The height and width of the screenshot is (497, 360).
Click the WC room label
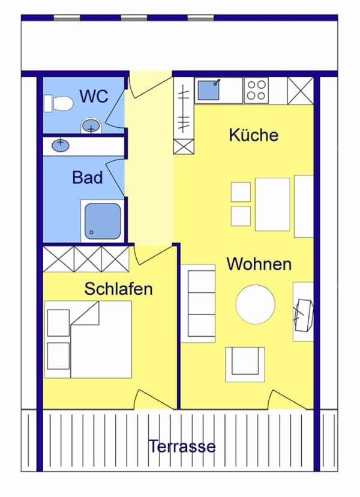click(x=94, y=97)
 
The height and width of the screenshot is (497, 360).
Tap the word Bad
click(x=88, y=178)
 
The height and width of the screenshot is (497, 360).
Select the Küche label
click(x=254, y=134)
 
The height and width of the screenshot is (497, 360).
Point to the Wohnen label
click(x=259, y=264)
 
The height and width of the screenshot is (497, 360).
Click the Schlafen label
click(x=119, y=289)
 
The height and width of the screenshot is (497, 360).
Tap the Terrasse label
click(x=182, y=447)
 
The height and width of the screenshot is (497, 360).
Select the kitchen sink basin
click(x=209, y=90)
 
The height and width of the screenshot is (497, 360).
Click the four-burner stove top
click(x=256, y=90)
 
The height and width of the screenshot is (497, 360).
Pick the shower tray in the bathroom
click(x=103, y=221)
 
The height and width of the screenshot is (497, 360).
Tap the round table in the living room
click(x=256, y=304)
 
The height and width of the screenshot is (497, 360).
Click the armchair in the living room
click(x=245, y=364)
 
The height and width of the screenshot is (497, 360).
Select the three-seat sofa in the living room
click(x=199, y=303)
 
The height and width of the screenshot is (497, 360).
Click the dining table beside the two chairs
click(x=272, y=204)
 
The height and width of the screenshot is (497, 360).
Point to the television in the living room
click(x=304, y=315)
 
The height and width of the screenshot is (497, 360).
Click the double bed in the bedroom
click(x=88, y=339)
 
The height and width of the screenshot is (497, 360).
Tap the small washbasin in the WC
click(x=91, y=127)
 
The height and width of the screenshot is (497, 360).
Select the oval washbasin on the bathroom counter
click(x=60, y=145)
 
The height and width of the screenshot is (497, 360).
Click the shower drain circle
click(x=92, y=232)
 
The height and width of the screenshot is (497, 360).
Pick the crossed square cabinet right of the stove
click(x=301, y=91)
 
